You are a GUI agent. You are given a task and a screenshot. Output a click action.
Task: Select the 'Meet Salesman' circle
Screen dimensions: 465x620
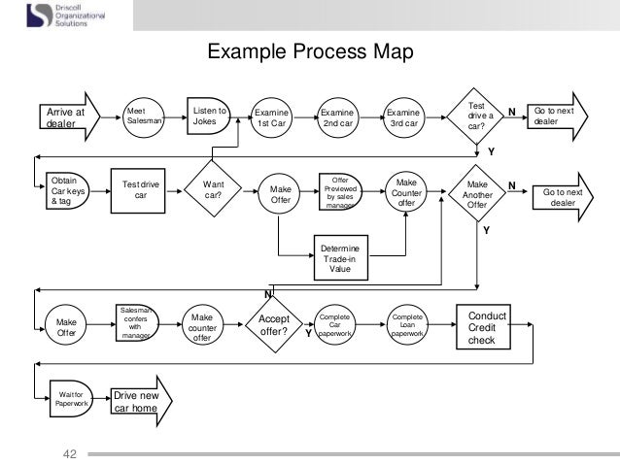(x=145, y=116)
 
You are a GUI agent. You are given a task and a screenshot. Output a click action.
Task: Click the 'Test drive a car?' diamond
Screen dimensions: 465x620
(x=476, y=116)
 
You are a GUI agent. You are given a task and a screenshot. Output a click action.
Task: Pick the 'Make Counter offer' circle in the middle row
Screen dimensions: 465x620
(x=405, y=190)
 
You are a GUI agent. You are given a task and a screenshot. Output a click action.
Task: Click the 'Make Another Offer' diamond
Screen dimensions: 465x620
(x=477, y=190)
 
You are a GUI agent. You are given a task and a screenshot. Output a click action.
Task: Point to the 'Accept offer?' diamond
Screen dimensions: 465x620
(x=273, y=324)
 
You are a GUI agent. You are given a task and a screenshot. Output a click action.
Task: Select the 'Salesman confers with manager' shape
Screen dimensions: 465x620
(x=136, y=323)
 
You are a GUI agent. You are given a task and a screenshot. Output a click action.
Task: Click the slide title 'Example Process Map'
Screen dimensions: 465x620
(x=310, y=50)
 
